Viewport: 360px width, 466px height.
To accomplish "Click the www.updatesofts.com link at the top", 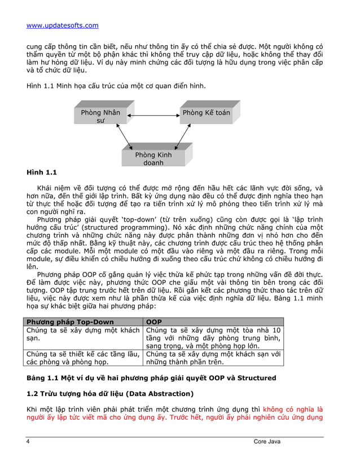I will [63, 25].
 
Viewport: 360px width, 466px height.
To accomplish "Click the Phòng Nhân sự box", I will [100, 116].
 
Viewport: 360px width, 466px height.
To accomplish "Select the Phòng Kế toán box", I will [207, 113].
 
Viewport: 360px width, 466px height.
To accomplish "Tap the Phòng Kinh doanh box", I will [153, 159].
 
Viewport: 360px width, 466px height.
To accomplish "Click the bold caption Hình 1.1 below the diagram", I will [41, 172].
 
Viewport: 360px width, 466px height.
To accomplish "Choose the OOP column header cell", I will [154, 322].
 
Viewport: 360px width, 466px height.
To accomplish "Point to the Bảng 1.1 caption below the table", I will [143, 377].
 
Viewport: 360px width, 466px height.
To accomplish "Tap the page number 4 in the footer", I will [28, 441].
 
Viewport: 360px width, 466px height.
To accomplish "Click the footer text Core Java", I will [266, 441].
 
